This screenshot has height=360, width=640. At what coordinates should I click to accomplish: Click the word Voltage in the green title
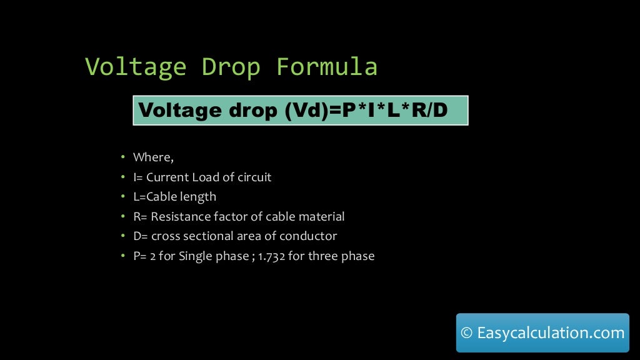click(x=135, y=67)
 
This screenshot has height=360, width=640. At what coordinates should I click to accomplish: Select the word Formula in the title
click(x=327, y=67)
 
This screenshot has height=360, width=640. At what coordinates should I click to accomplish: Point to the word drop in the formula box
click(x=250, y=111)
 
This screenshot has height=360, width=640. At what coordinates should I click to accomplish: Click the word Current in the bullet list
click(x=167, y=177)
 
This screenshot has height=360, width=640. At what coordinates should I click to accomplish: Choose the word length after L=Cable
click(x=199, y=197)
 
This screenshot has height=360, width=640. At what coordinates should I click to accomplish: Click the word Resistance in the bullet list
click(x=180, y=217)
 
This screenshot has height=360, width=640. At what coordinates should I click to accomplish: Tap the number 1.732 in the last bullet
click(x=270, y=256)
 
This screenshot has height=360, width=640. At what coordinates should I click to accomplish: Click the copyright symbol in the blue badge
click(x=466, y=333)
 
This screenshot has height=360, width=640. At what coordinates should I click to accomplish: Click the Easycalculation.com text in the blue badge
click(x=551, y=333)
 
